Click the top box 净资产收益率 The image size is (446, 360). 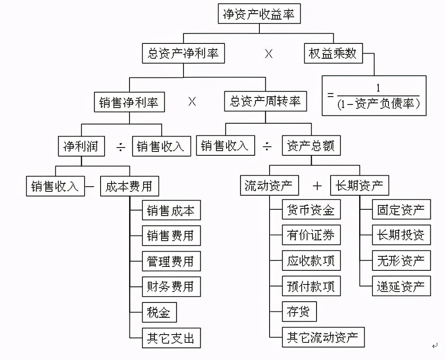pos(259,15)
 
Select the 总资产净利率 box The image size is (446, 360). pos(183,54)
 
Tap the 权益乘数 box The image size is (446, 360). pos(333,54)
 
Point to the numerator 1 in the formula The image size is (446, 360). pos(378,88)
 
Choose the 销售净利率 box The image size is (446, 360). pos(129,103)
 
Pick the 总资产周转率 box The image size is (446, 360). pos(265,102)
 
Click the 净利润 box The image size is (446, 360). pos(82,146)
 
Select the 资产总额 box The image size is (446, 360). pos(311,146)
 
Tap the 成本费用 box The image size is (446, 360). pos(129,186)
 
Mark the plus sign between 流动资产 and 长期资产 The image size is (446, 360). pos(317,186)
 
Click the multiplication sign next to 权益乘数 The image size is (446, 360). pos(269,54)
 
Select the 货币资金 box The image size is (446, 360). pos(311,210)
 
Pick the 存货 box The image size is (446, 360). pos(299,312)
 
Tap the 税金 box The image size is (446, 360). pos(159,312)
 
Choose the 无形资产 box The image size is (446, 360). pos(401,261)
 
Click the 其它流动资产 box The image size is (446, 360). pos(323,337)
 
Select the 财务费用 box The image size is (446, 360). pos(171,286)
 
